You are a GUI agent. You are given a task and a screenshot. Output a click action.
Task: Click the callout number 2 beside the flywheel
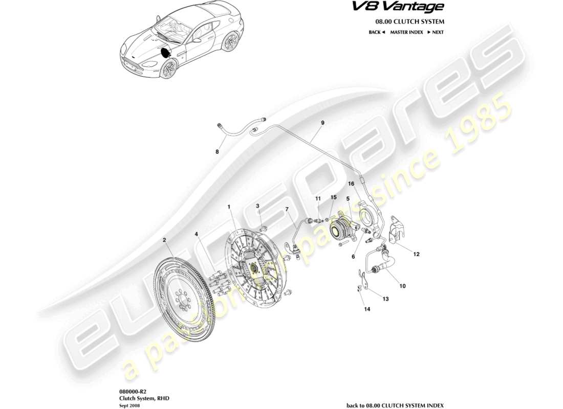pyautogui.click(x=164, y=240)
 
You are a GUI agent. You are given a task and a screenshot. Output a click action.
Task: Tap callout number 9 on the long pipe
pyautogui.click(x=322, y=123)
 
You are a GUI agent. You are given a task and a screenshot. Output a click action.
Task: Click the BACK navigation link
pyautogui.click(x=377, y=32)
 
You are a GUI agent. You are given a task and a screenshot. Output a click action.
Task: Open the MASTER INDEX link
pyautogui.click(x=406, y=32)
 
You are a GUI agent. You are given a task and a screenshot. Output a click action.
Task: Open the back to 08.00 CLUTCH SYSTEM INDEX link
pyautogui.click(x=395, y=404)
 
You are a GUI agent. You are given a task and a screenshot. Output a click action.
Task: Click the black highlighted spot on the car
pyautogui.click(x=166, y=51)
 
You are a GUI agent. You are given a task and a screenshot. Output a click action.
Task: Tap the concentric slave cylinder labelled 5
pyautogui.click(x=339, y=228)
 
